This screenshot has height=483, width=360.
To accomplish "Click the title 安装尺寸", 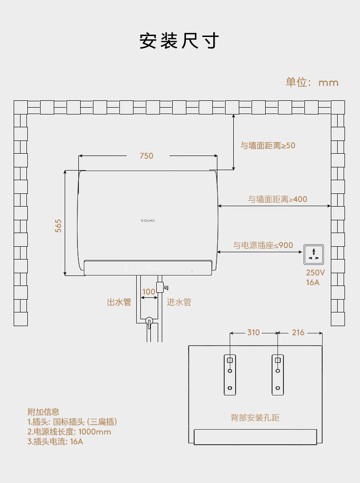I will coord(179,41).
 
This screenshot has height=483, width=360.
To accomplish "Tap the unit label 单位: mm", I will coord(312,82).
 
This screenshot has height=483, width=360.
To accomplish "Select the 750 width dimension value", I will coord(146,156).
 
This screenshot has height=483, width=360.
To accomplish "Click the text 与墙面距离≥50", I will coord(268,145).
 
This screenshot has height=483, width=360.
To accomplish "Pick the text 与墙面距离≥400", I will coord(278,199).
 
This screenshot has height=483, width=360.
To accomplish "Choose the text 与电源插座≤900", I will coord(263,245).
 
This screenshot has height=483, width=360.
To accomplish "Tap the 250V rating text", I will coord(315,273).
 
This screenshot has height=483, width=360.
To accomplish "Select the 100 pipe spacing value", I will coord(149,292).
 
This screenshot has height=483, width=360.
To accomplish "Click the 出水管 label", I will coord(119,302).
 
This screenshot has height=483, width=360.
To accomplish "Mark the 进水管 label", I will coord(179,302).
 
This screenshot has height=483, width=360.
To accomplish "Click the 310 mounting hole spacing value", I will coord(253,332).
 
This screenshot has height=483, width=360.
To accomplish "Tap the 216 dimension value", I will coord(298,332).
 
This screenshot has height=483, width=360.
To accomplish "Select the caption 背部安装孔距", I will coord(255,417).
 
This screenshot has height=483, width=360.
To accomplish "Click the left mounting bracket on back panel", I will coord(230,374).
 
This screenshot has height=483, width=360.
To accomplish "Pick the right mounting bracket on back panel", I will coord(278,374).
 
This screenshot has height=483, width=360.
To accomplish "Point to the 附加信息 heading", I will coord(43,412).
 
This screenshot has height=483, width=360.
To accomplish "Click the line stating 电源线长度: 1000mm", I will coord(69,432).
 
